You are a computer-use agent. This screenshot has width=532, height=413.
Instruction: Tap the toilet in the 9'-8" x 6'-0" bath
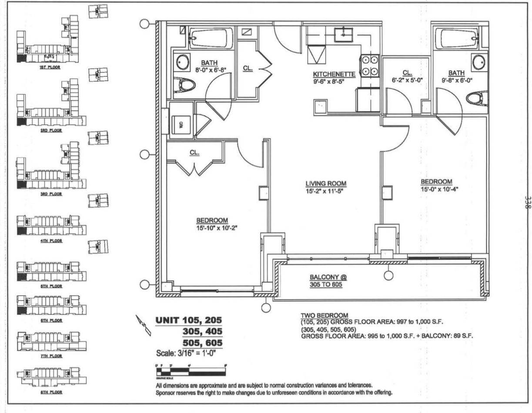(476, 98)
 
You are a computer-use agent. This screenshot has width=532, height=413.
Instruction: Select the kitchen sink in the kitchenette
(344, 34)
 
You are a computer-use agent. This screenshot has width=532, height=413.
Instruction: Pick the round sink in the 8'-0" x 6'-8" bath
(181, 61)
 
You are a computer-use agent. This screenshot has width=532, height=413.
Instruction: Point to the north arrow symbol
(144, 324)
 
